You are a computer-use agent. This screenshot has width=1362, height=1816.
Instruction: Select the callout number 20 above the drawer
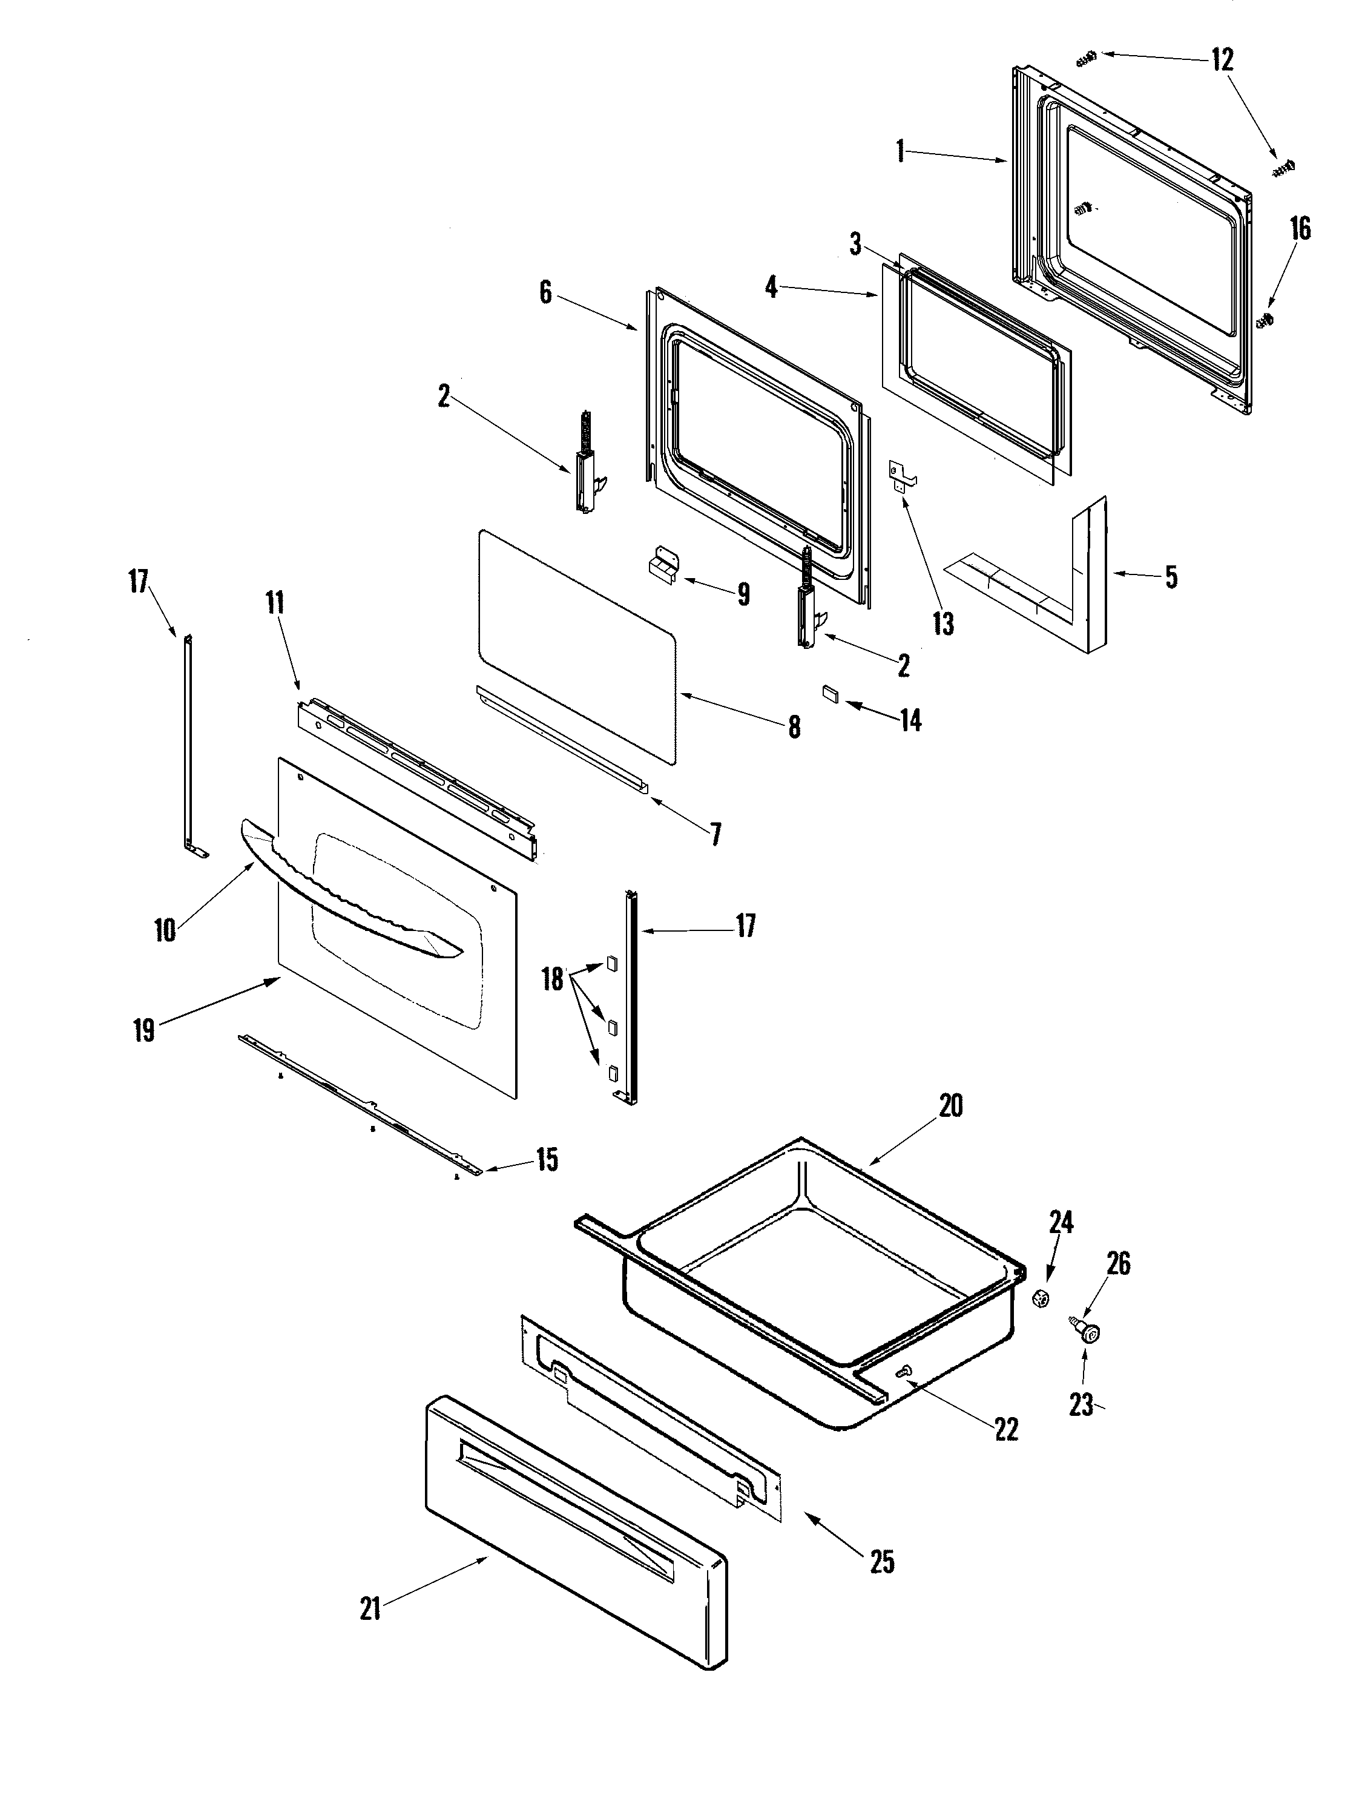point(951,1106)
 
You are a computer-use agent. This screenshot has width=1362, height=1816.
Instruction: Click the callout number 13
point(943,624)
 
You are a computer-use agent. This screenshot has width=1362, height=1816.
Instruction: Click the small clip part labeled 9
point(662,567)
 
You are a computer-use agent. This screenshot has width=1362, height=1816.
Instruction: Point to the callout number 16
point(1300,228)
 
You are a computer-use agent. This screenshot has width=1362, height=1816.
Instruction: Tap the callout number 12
point(1222,60)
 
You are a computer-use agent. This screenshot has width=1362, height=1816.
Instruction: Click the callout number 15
point(547,1160)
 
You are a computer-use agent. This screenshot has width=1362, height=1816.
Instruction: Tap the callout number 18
point(553,979)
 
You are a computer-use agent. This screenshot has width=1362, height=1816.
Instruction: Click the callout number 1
point(901,151)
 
